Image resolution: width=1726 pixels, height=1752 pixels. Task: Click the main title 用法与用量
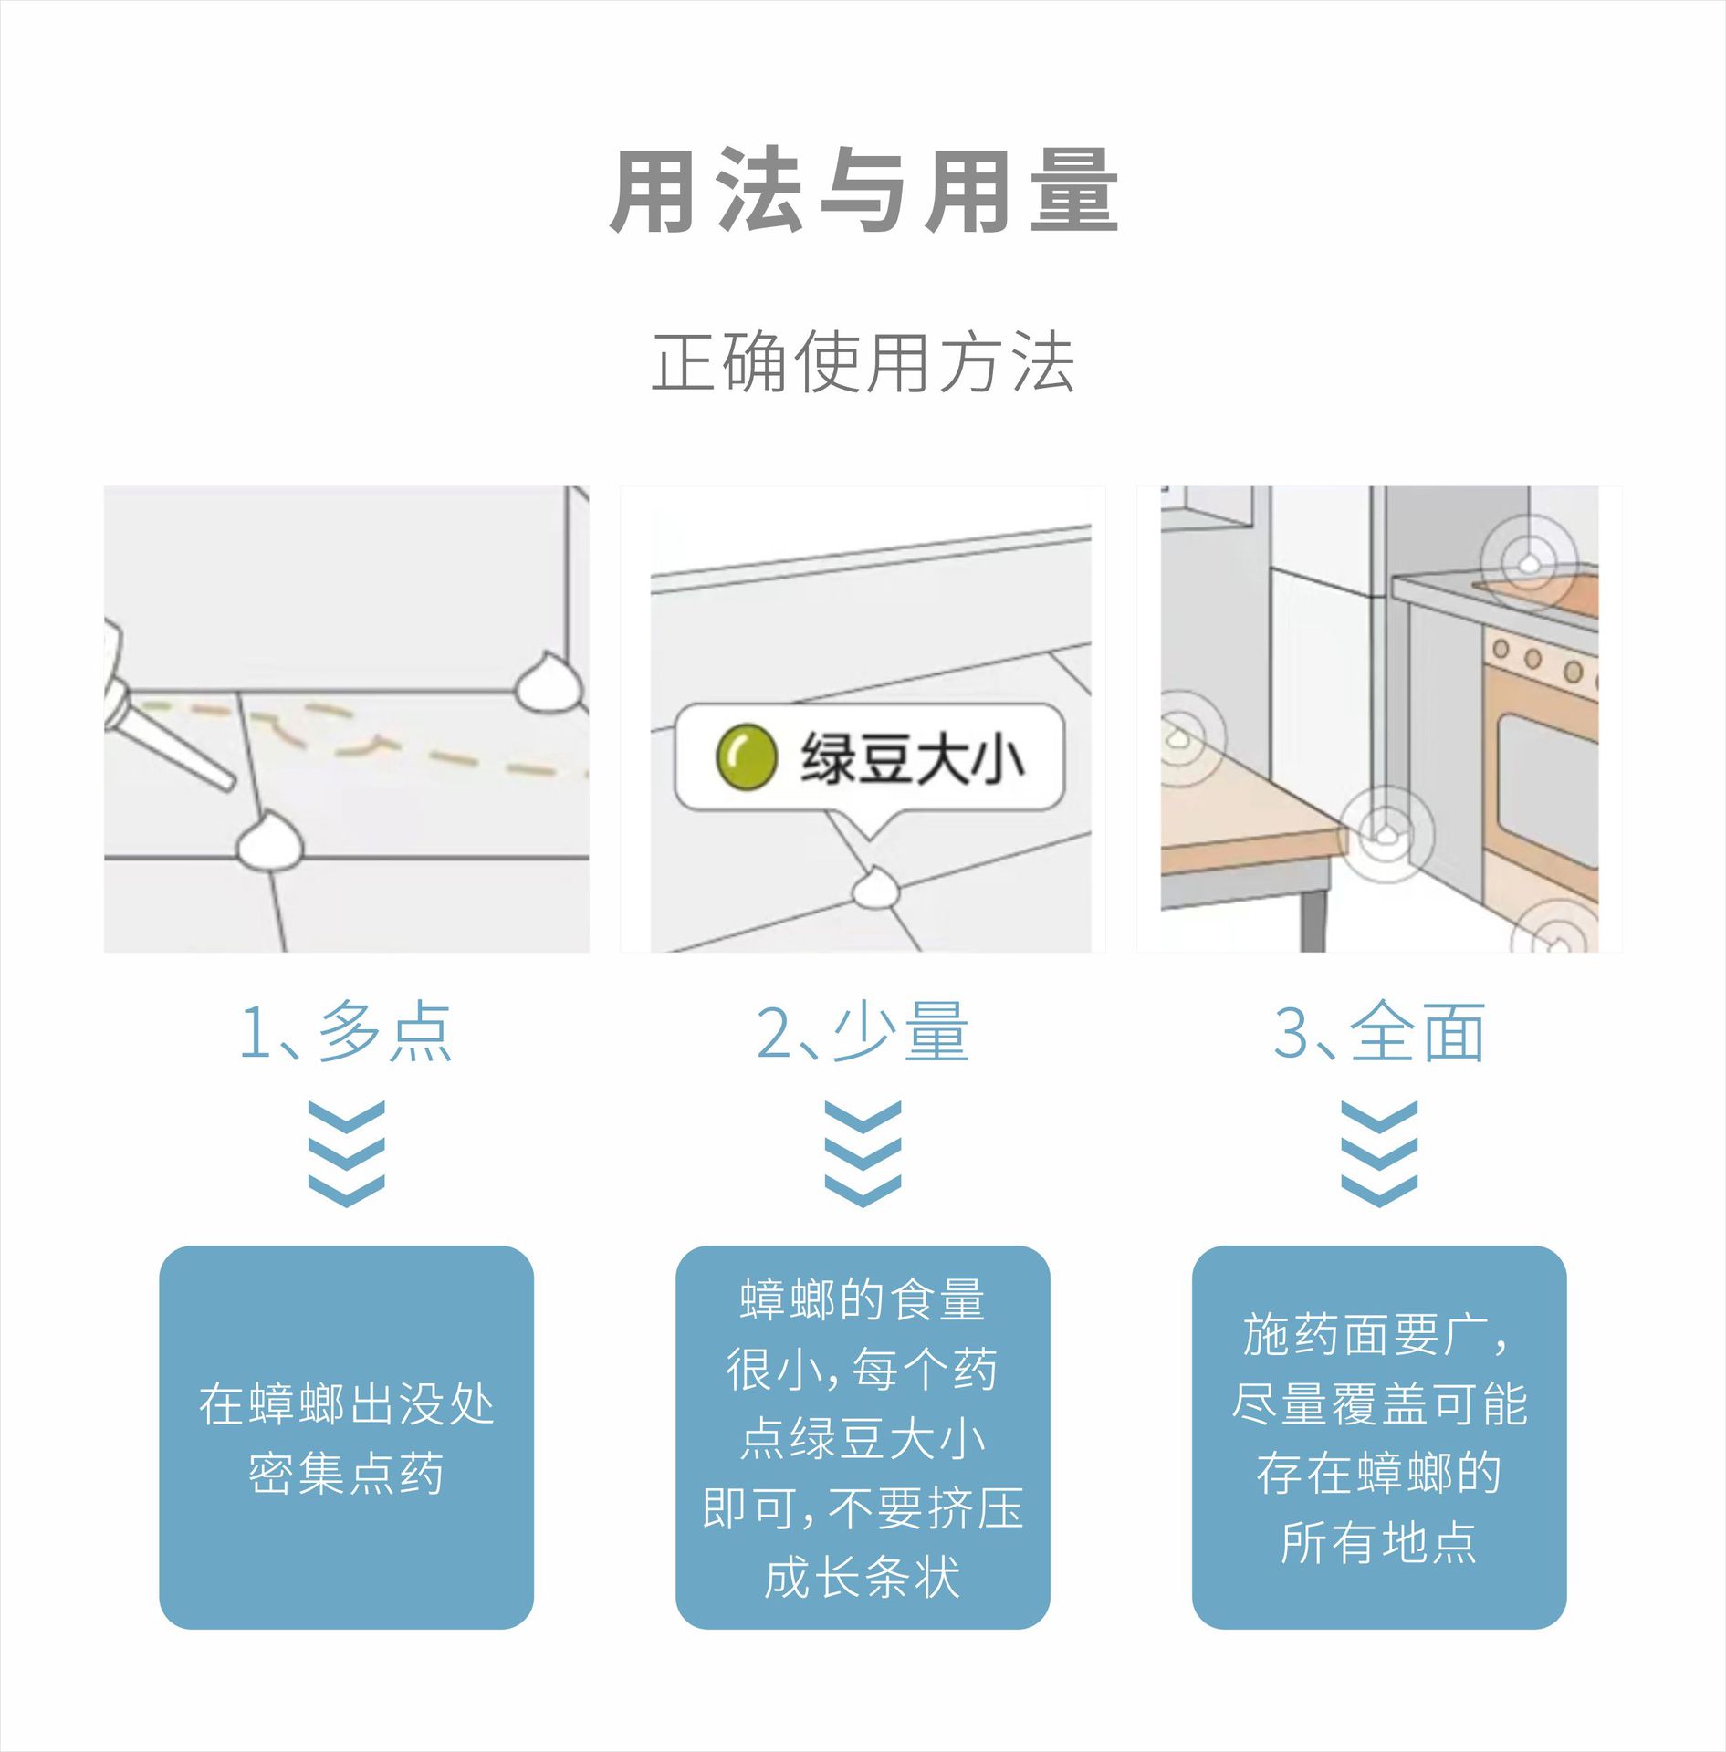pos(863,191)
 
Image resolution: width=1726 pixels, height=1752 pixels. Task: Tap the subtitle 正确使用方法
pos(863,362)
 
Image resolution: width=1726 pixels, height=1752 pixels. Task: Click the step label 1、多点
pos(346,1032)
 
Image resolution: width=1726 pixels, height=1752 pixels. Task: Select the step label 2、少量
pos(863,1032)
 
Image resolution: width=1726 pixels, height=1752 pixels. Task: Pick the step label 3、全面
pos(1379,1032)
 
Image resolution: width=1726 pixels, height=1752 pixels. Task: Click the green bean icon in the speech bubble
pos(746,756)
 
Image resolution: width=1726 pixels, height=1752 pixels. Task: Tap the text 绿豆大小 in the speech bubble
pos(912,758)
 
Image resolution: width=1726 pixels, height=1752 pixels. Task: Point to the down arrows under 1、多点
pos(346,1153)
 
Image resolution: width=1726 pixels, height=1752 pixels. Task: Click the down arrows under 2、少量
pos(863,1153)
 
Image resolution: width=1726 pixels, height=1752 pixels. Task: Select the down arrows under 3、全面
pos(1379,1153)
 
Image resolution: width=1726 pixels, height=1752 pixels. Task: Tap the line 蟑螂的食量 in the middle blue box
pos(863,1299)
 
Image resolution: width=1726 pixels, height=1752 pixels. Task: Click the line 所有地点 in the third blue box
pos(1379,1542)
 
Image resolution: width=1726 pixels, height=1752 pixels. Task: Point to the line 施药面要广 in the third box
pos(1374,1334)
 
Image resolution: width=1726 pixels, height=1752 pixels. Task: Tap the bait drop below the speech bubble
pos(875,888)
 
